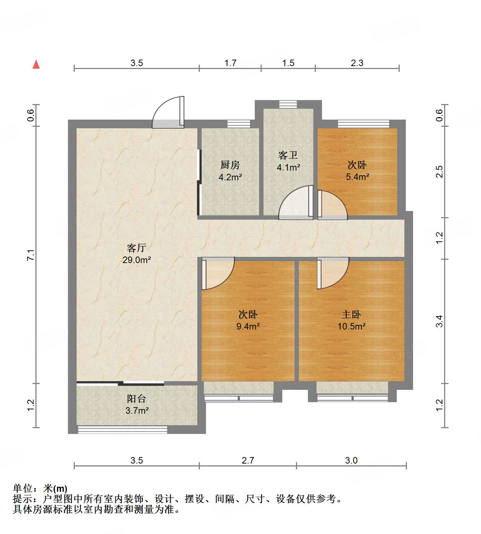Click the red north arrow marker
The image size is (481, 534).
36,64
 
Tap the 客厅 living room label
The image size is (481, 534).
136,248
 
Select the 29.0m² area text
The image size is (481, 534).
136,260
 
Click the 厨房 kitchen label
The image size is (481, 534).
230,165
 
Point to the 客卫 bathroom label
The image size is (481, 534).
288,155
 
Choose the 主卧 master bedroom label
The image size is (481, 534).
351,315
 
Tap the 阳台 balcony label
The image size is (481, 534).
137,399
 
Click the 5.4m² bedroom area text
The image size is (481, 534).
357,177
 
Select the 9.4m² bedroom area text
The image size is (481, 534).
248,327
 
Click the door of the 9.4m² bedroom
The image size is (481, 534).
218,274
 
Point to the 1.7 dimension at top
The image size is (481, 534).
230,63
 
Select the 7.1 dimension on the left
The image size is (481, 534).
31,255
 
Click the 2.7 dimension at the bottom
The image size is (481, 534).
248,460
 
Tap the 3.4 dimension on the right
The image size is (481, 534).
439,321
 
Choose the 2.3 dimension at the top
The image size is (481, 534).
357,63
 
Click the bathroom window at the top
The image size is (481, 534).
288,104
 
